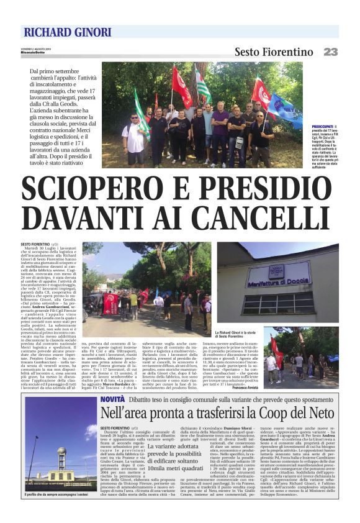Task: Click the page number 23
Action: coord(331,52)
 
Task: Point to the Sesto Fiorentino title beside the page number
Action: coord(273,52)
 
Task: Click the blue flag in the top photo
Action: coord(285,107)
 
